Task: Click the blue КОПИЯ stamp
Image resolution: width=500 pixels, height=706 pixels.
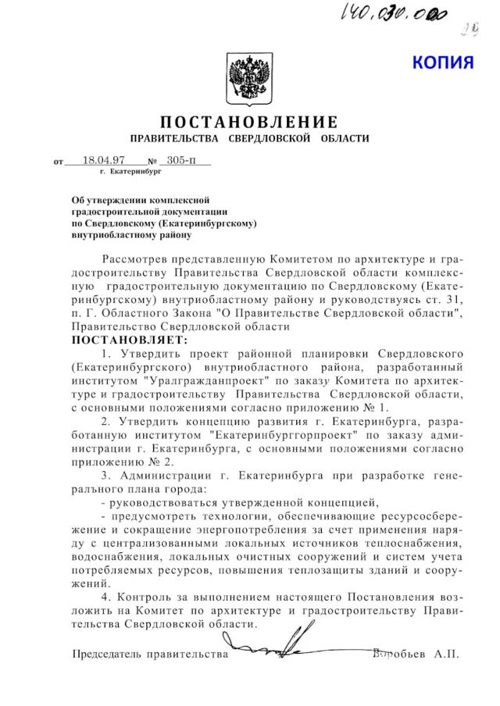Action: (x=443, y=62)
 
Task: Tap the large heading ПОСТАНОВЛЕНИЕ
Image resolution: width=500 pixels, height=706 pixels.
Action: (x=249, y=123)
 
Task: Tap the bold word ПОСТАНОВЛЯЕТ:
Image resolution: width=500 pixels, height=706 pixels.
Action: (x=130, y=341)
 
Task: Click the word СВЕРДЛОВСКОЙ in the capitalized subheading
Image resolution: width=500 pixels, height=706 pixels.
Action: (x=271, y=139)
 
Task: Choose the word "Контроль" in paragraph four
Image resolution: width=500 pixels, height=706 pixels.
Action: (x=144, y=599)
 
